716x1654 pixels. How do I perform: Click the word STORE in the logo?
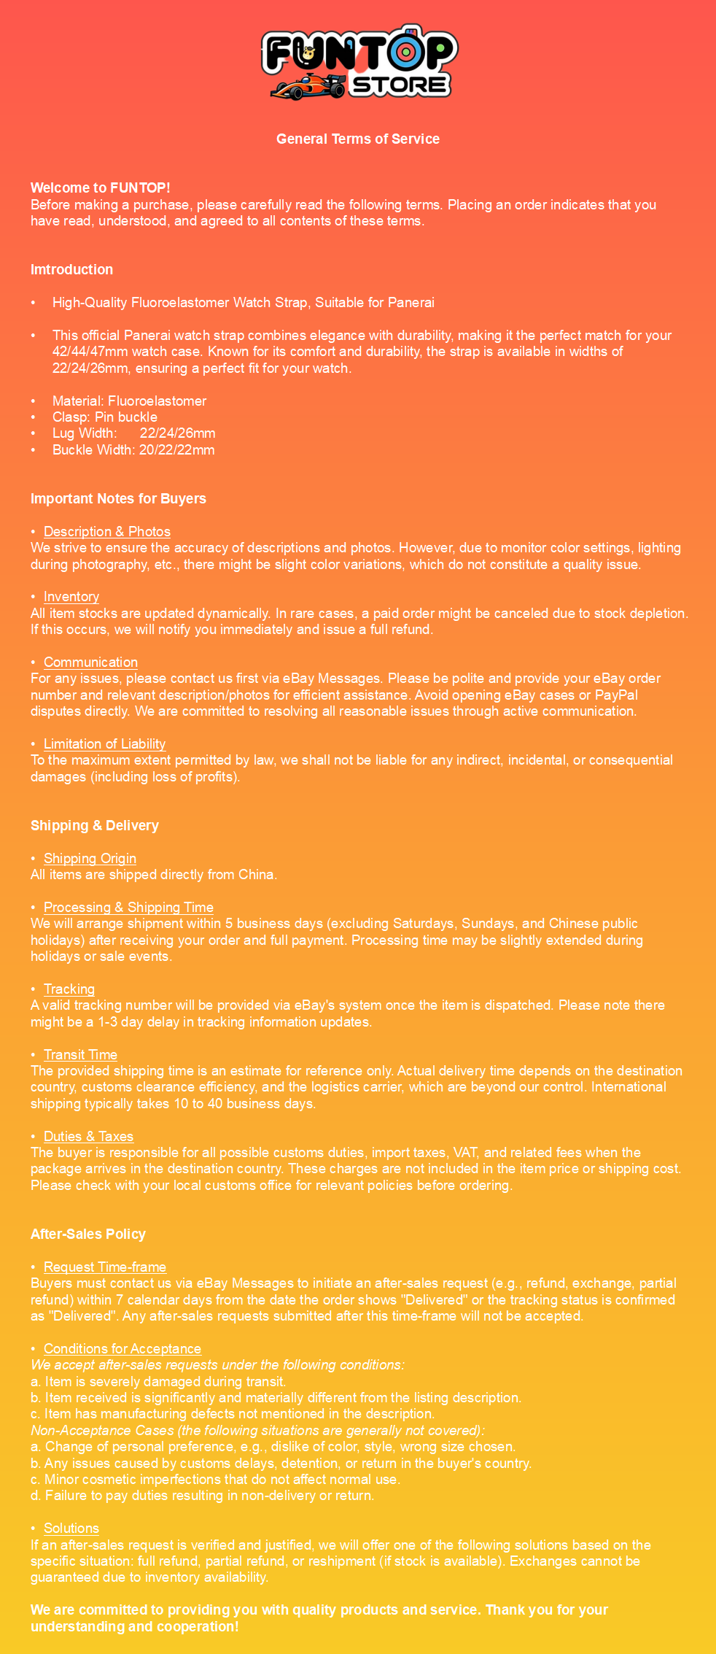click(x=399, y=85)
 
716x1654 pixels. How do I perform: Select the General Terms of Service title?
click(x=357, y=139)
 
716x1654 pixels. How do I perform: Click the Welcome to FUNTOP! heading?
click(x=100, y=188)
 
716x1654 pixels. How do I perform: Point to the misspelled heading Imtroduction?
click(x=71, y=269)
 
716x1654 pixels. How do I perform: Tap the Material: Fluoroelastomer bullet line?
click(x=129, y=401)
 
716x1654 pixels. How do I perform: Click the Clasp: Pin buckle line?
click(x=104, y=417)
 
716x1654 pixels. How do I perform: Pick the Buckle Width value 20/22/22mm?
click(x=177, y=449)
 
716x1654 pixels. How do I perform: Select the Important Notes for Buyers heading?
click(x=118, y=498)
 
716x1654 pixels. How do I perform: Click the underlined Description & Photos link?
click(x=106, y=531)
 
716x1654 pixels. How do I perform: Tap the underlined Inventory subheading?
click(x=71, y=596)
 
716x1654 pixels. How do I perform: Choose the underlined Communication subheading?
click(x=90, y=662)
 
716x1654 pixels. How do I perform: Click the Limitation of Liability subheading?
click(x=104, y=743)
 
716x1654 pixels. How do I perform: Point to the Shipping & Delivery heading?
click(x=94, y=825)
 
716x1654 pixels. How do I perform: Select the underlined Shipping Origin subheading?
click(x=90, y=858)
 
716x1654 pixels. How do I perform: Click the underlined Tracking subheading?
click(x=69, y=989)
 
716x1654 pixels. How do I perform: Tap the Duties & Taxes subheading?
click(x=88, y=1136)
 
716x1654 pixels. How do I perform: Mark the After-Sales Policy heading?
click(x=87, y=1234)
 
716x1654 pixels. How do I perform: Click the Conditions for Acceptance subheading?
click(x=122, y=1348)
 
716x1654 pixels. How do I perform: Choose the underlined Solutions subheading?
click(x=71, y=1528)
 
